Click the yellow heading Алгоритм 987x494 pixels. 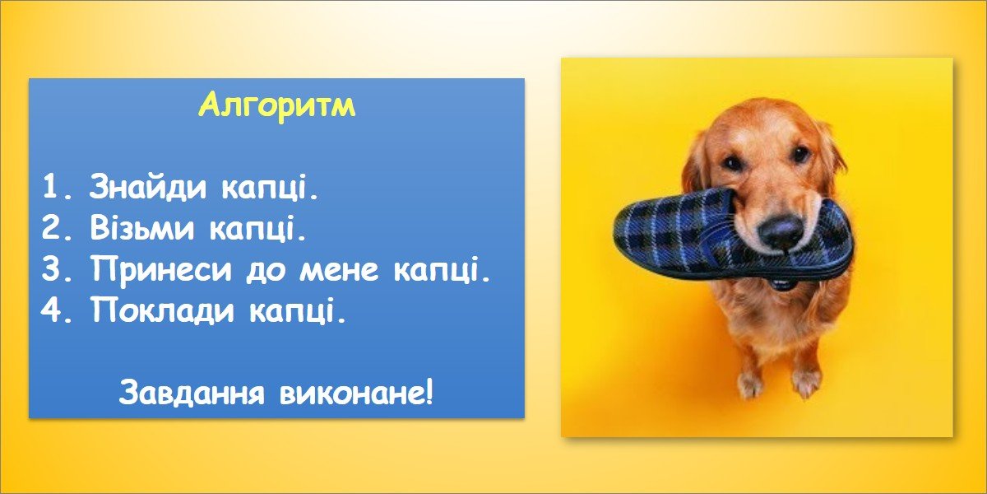pyautogui.click(x=277, y=106)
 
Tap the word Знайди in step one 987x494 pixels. pyautogui.click(x=147, y=187)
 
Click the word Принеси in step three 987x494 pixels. pyautogui.click(x=162, y=269)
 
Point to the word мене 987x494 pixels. pyautogui.click(x=339, y=270)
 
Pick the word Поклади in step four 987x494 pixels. pyautogui.click(x=163, y=310)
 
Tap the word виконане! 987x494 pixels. pyautogui.click(x=356, y=394)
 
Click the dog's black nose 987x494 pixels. pyautogui.click(x=781, y=230)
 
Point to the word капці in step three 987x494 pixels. pyautogui.click(x=442, y=270)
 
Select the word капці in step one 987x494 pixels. pyautogui.click(x=270, y=188)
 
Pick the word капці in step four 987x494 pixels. pyautogui.click(x=298, y=310)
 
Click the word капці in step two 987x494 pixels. pyautogui.click(x=257, y=229)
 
